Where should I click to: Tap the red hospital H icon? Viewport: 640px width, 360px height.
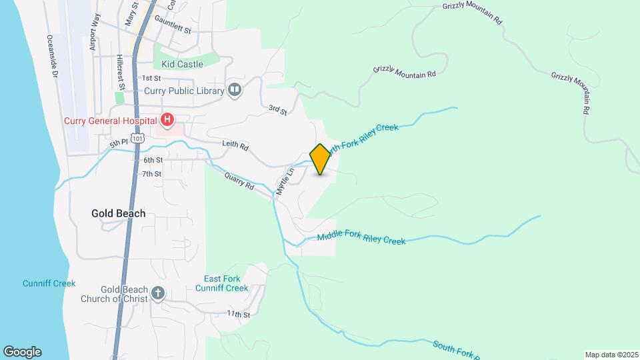(x=167, y=121)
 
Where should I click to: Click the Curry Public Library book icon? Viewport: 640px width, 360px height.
(x=234, y=89)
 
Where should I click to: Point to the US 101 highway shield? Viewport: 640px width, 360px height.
(x=137, y=138)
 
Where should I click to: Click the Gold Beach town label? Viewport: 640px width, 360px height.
(x=118, y=214)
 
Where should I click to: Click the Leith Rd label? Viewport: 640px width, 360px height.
(x=235, y=145)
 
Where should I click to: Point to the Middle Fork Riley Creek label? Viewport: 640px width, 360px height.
(x=361, y=238)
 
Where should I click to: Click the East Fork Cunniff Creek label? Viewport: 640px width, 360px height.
(x=222, y=283)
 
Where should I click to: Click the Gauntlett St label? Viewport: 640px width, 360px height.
(x=173, y=31)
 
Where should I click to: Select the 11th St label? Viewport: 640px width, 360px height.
(x=238, y=314)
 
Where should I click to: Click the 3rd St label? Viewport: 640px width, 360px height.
(x=277, y=110)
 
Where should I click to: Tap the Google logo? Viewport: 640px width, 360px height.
(x=22, y=351)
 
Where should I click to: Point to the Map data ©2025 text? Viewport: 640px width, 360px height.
(x=611, y=355)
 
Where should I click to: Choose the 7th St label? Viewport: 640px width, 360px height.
(x=152, y=174)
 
